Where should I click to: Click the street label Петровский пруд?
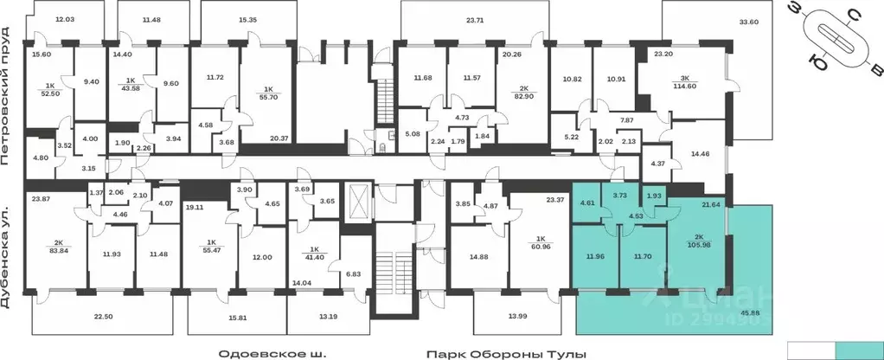pyautogui.click(x=6, y=96)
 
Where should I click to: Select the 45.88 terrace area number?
pyautogui.click(x=749, y=325)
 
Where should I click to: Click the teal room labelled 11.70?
pyautogui.click(x=644, y=256)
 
